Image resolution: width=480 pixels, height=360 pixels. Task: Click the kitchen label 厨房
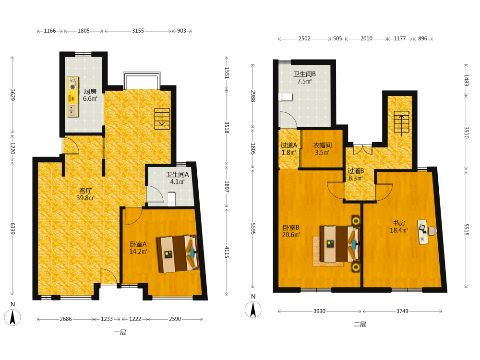pos(90,92)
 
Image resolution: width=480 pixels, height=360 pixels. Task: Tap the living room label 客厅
pos(86,191)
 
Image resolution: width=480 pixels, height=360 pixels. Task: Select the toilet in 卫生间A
pos(171,199)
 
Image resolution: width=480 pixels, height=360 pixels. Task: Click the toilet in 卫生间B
pos(285,97)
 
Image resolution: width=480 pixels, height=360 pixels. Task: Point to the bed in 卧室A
pos(178,254)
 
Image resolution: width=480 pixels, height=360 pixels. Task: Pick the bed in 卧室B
pos(340,244)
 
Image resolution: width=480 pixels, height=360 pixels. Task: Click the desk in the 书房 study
pos(423,232)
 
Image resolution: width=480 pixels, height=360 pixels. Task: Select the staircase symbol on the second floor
pos(401,123)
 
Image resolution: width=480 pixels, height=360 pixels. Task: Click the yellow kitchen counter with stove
pos(72,96)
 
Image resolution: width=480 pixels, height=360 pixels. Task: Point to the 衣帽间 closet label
pos(323,145)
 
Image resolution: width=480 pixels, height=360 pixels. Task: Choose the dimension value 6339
pos(12,228)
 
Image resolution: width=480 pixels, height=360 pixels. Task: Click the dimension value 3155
pos(138,31)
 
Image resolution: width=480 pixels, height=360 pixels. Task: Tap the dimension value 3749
pos(402,311)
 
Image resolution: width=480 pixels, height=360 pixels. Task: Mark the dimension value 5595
pos(253,228)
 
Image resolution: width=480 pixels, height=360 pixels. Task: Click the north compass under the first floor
pos(12,317)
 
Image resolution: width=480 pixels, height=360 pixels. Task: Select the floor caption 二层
pos(360,324)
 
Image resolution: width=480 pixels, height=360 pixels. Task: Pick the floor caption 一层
pos(120,332)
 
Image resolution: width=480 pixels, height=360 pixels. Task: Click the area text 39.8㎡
pos(85,198)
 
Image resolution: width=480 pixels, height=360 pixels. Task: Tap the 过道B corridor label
pos(356,171)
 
